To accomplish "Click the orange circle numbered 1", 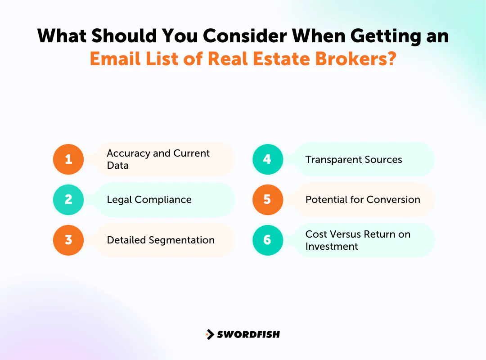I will coord(68,159).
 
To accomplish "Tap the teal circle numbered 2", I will coord(68,199).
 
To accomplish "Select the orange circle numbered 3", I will coord(68,240).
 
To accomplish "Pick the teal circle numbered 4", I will coord(267,159).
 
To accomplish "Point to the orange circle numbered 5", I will coord(267,199).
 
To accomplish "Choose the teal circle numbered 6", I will coord(267,240).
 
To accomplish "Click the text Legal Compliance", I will coord(149,199).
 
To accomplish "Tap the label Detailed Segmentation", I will coord(161,240).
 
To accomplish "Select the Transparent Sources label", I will coord(354,159).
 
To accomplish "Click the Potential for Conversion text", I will coord(363,199).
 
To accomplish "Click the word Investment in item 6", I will coord(332,246).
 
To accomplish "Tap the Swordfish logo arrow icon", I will coord(210,334).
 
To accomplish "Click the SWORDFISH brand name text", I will coord(248,334).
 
